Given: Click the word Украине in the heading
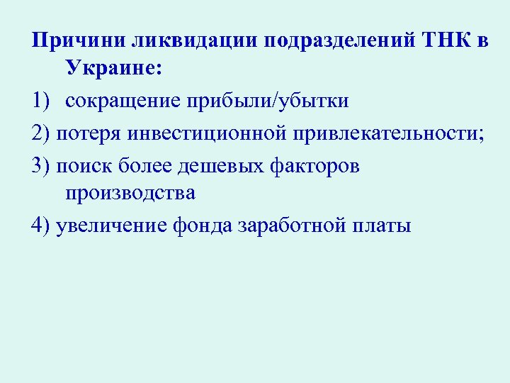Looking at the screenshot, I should point(114,70).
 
